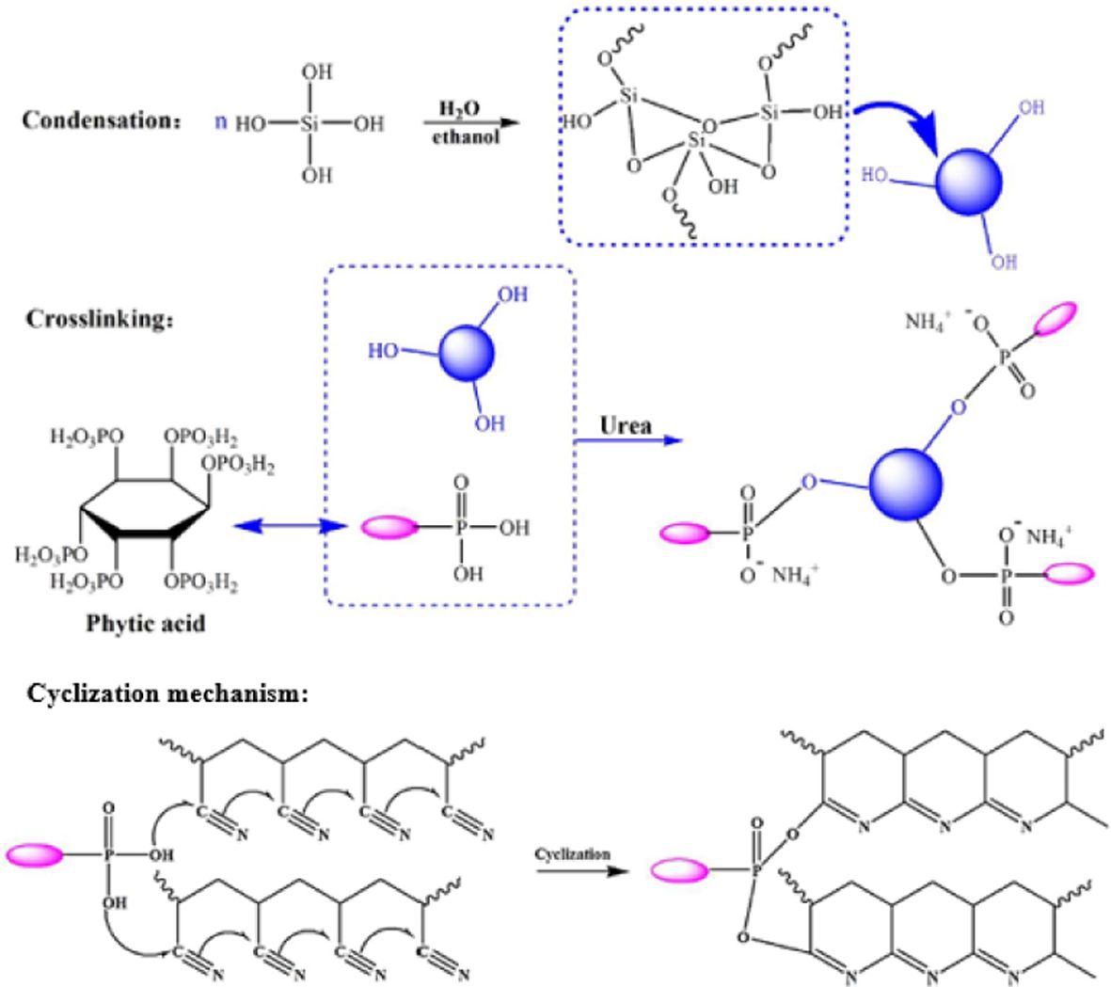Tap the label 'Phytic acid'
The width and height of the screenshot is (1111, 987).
pos(146,623)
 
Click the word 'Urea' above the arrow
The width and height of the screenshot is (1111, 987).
pos(626,425)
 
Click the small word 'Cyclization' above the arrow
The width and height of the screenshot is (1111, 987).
pos(572,854)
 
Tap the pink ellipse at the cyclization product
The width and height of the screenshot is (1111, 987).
pos(679,871)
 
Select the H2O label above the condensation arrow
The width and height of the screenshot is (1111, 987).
pos(459,110)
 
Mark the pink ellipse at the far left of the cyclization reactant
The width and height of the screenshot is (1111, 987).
pos(34,855)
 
